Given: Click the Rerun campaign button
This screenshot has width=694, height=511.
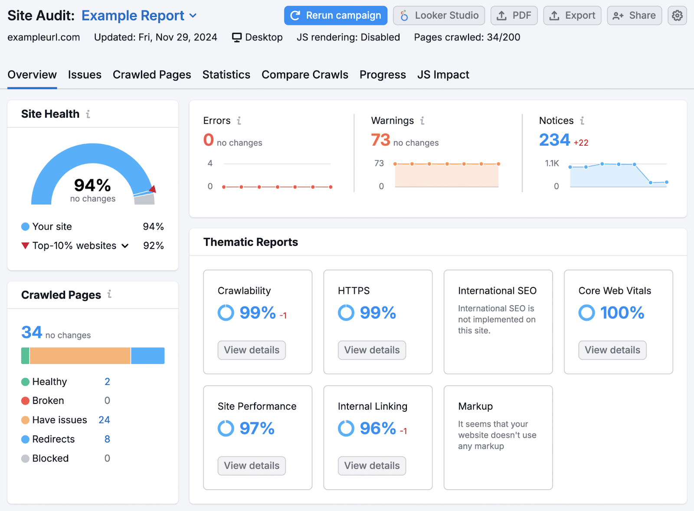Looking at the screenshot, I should pyautogui.click(x=335, y=16).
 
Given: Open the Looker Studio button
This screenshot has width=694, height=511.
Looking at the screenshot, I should pyautogui.click(x=439, y=16).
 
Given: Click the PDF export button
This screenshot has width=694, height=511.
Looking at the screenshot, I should pyautogui.click(x=514, y=16).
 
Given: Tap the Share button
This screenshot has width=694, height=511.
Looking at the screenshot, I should pyautogui.click(x=634, y=16).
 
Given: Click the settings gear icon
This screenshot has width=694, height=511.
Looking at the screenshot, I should pyautogui.click(x=677, y=16).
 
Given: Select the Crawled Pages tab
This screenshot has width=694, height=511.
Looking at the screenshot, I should pyautogui.click(x=152, y=75).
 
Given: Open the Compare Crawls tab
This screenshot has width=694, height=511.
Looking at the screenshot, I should pyautogui.click(x=304, y=75).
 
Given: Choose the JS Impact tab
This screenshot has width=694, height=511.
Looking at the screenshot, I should pyautogui.click(x=443, y=75).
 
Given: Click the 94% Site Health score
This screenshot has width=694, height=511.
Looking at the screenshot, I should pyautogui.click(x=92, y=186).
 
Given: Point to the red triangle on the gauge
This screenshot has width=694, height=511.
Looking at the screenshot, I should pyautogui.click(x=153, y=189).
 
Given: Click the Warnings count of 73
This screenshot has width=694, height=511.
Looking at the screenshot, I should pyautogui.click(x=380, y=140).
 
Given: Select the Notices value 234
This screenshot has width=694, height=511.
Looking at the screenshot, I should pyautogui.click(x=554, y=140).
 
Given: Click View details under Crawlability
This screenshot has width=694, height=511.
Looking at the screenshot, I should pyautogui.click(x=252, y=350).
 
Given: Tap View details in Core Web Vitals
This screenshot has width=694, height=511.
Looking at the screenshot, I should pyautogui.click(x=612, y=350).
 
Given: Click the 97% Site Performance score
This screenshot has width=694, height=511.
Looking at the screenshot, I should pyautogui.click(x=257, y=429).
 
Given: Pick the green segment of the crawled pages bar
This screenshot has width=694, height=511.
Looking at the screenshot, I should pyautogui.click(x=25, y=355).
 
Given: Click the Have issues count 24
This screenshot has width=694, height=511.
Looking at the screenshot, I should pyautogui.click(x=104, y=420).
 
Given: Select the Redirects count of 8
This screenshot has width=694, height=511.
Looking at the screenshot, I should pyautogui.click(x=107, y=439).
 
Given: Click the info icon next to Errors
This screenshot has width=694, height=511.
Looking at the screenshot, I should pyautogui.click(x=239, y=121).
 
